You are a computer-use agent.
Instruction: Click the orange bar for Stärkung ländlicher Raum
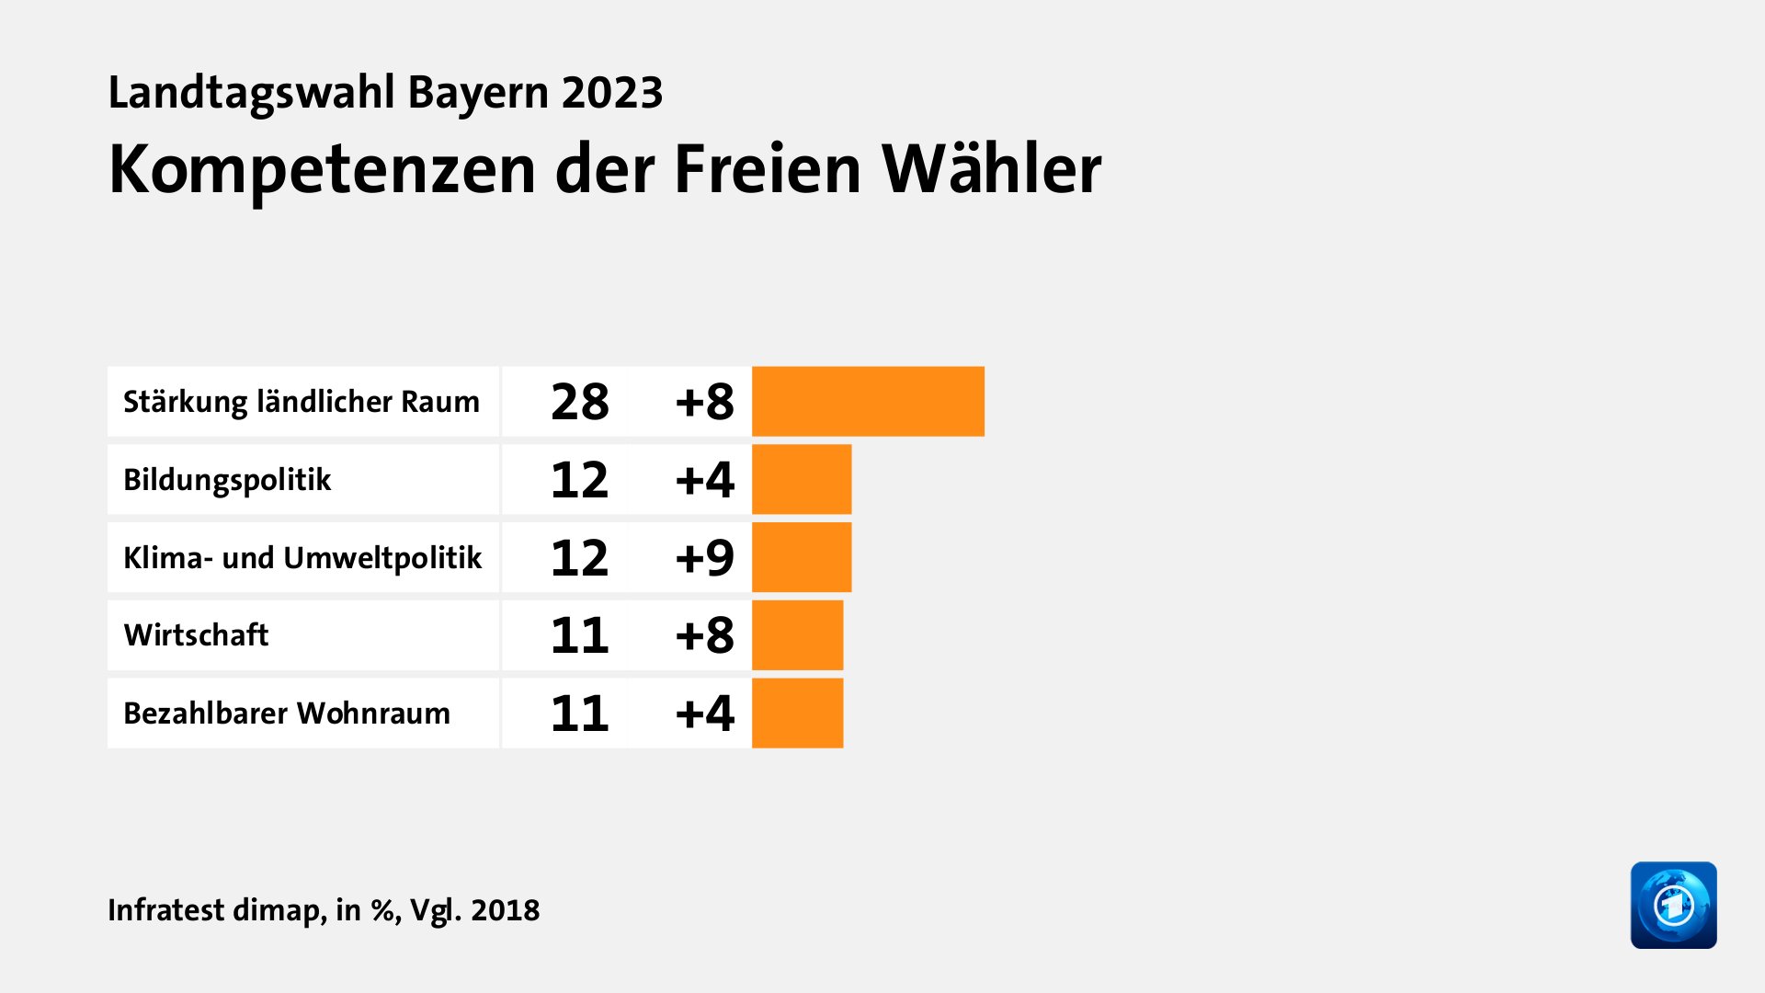point(868,401)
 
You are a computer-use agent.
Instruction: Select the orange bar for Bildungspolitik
point(802,479)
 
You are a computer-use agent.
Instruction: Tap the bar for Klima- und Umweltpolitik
point(802,557)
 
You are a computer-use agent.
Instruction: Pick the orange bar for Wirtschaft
point(797,635)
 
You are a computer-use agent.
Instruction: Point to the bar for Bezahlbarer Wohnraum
point(797,713)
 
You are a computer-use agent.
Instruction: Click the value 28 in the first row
point(579,402)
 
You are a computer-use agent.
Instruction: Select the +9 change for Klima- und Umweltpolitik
point(704,557)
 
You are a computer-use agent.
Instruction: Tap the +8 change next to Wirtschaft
point(704,635)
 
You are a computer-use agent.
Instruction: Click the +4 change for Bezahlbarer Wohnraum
point(704,713)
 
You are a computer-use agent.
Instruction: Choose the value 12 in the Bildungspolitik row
point(579,479)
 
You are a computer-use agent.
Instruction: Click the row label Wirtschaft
point(196,635)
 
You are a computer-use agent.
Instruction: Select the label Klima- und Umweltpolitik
point(302,557)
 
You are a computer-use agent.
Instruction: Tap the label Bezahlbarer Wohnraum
point(287,713)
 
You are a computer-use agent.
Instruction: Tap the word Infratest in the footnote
point(165,909)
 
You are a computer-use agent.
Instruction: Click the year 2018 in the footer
point(505,909)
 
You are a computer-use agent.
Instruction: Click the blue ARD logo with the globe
point(1673,905)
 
